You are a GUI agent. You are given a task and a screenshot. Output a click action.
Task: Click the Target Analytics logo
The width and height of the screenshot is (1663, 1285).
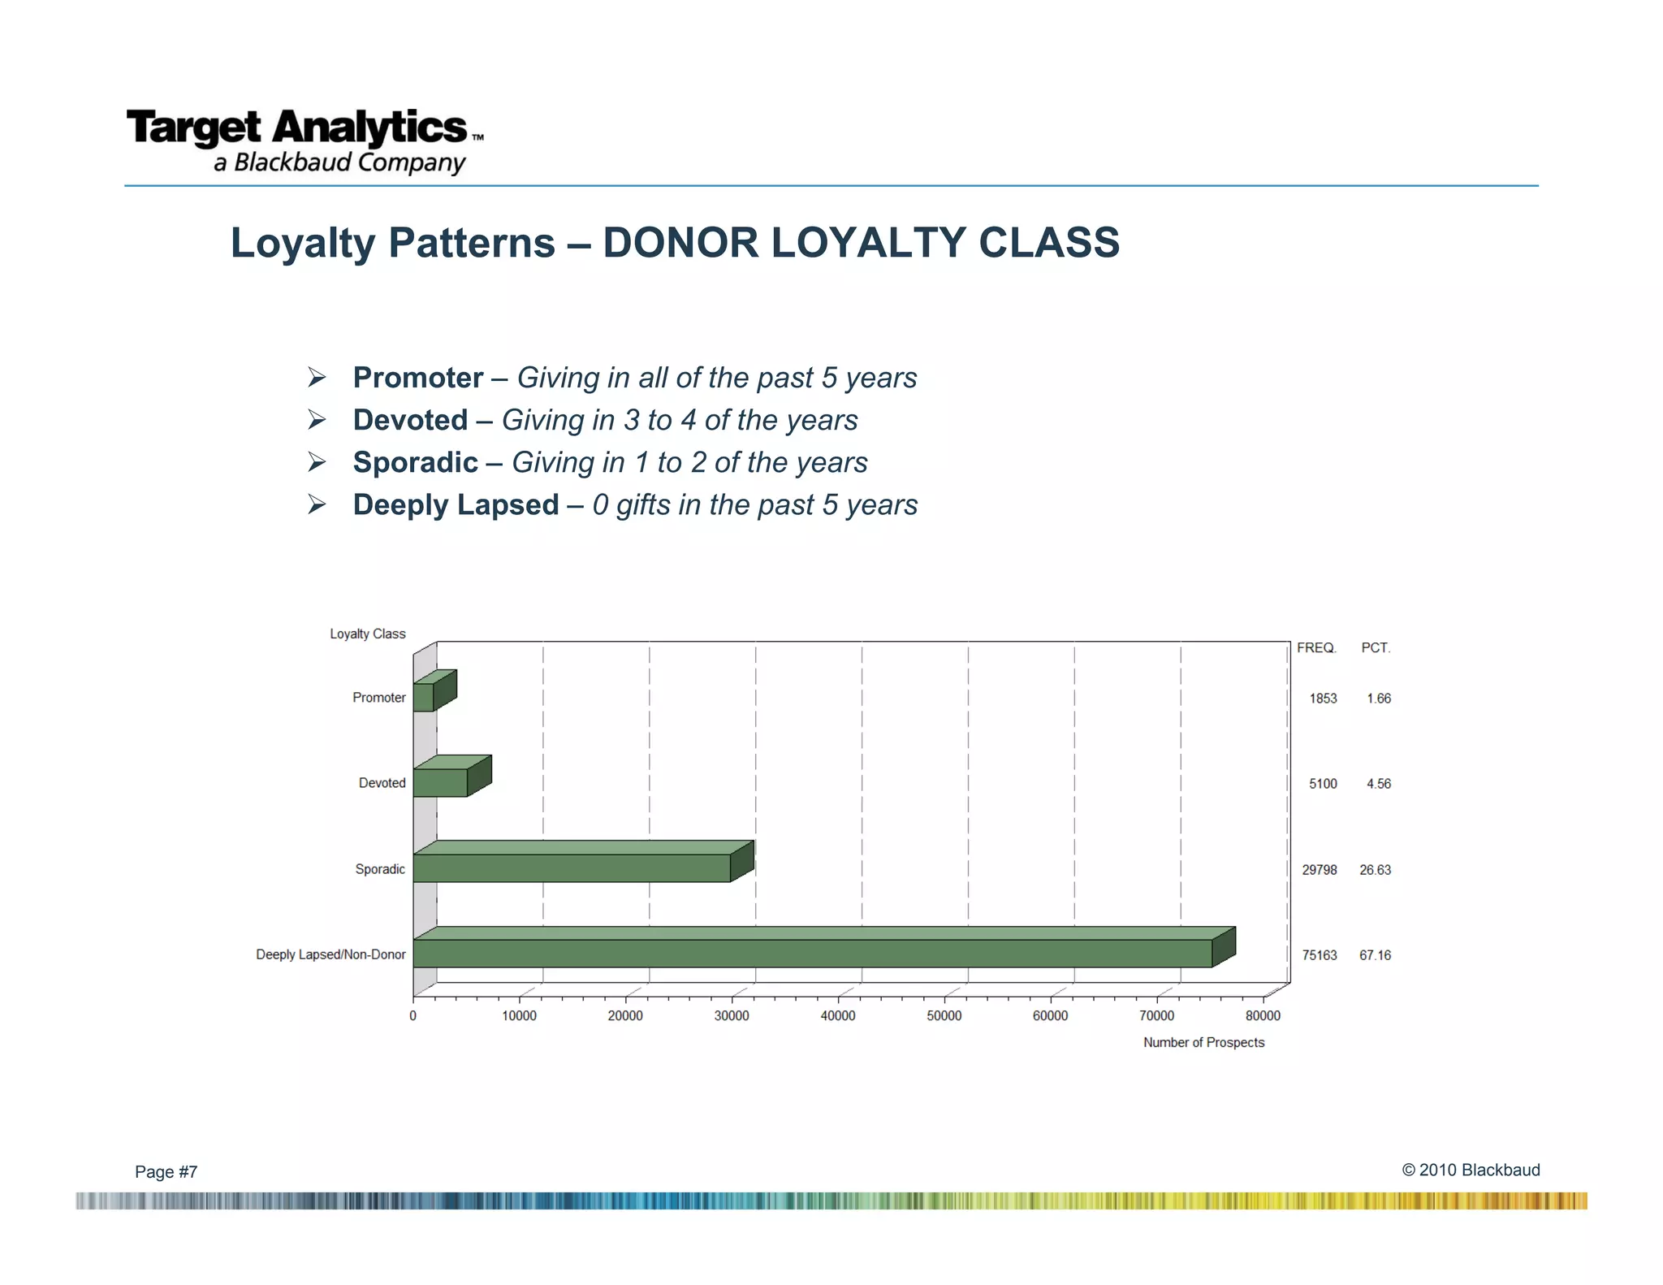click(305, 141)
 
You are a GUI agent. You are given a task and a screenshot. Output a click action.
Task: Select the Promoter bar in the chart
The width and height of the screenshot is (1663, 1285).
click(424, 697)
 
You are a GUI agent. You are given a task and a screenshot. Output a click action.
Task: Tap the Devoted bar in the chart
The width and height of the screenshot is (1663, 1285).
click(440, 782)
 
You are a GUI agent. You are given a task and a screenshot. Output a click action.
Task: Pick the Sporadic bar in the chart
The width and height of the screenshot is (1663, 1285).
click(571, 867)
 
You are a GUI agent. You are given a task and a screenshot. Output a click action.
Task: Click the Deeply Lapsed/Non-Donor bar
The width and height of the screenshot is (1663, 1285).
click(812, 953)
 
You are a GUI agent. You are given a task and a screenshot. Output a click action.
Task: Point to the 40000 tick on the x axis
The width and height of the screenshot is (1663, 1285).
click(837, 1016)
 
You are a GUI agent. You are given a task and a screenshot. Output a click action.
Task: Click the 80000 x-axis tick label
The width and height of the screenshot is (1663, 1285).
click(1263, 1016)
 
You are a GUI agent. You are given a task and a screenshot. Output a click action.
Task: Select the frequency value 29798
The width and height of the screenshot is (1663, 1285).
click(1320, 870)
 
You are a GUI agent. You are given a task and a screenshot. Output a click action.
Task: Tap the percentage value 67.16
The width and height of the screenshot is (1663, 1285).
click(1375, 955)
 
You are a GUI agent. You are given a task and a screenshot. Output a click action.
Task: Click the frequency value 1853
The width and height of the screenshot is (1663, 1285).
click(1323, 699)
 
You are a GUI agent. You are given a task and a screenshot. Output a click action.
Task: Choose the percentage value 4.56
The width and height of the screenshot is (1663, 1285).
click(1378, 784)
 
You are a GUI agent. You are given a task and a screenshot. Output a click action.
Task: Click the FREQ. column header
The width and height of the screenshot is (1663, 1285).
click(1316, 648)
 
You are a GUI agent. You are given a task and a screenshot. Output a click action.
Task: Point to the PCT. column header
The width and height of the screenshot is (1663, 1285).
click(1376, 648)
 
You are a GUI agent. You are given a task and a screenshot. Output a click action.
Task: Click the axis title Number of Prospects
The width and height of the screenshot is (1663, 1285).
click(1203, 1043)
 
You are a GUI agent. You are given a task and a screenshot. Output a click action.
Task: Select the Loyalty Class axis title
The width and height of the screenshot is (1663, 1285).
click(367, 634)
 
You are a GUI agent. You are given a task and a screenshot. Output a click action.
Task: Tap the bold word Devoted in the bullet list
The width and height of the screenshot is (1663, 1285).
click(410, 420)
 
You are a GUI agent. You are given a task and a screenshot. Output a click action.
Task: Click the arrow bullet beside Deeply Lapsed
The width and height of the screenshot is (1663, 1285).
click(317, 504)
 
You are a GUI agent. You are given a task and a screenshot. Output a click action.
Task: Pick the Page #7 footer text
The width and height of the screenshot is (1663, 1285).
click(166, 1171)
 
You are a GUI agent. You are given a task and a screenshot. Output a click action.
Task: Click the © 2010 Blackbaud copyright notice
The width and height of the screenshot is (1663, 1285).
click(1471, 1170)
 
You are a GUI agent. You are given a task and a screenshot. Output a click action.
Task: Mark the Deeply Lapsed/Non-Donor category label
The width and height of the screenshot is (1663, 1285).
click(330, 954)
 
